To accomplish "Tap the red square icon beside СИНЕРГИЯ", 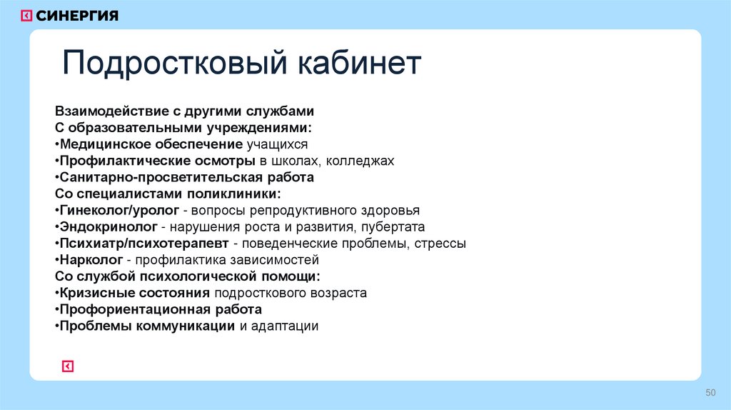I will (x=26, y=15).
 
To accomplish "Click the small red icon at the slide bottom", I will (x=68, y=366).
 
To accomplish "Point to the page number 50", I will (x=710, y=392).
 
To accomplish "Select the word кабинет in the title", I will (x=356, y=64).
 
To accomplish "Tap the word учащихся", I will (x=276, y=144).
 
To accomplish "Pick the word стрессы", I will (x=440, y=244).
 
